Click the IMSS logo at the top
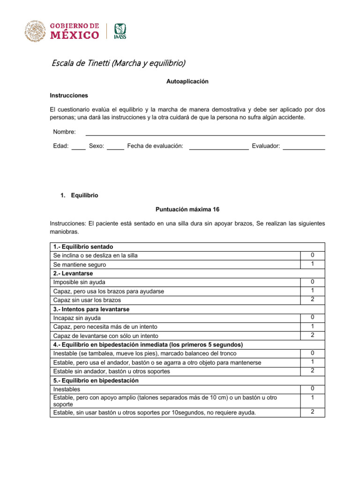click(120, 31)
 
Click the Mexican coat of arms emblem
click(34, 31)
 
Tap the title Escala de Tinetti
click(118, 63)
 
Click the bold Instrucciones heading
click(69, 95)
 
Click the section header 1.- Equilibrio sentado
click(83, 247)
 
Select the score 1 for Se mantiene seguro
click(313, 264)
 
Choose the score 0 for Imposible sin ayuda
click(313, 282)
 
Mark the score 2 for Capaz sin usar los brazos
click(313, 300)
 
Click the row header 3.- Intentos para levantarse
click(91, 309)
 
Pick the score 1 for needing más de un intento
click(313, 326)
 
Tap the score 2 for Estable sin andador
click(313, 371)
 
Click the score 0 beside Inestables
click(313, 389)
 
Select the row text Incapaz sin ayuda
click(77, 318)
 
